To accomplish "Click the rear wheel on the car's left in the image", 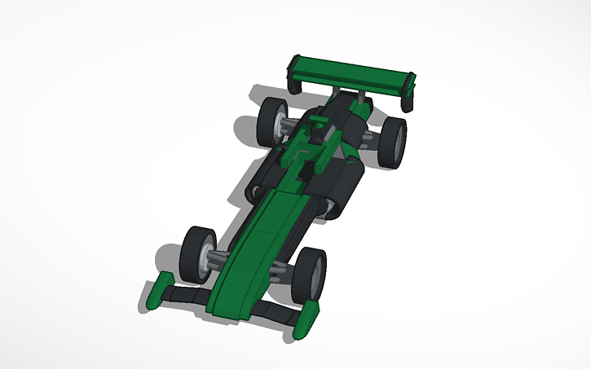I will click(x=272, y=122).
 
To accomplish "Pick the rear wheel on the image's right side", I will click(x=394, y=143).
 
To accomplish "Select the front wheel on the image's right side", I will click(x=309, y=275).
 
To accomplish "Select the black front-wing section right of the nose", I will click(x=274, y=311).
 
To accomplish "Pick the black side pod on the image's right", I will click(x=346, y=183).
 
